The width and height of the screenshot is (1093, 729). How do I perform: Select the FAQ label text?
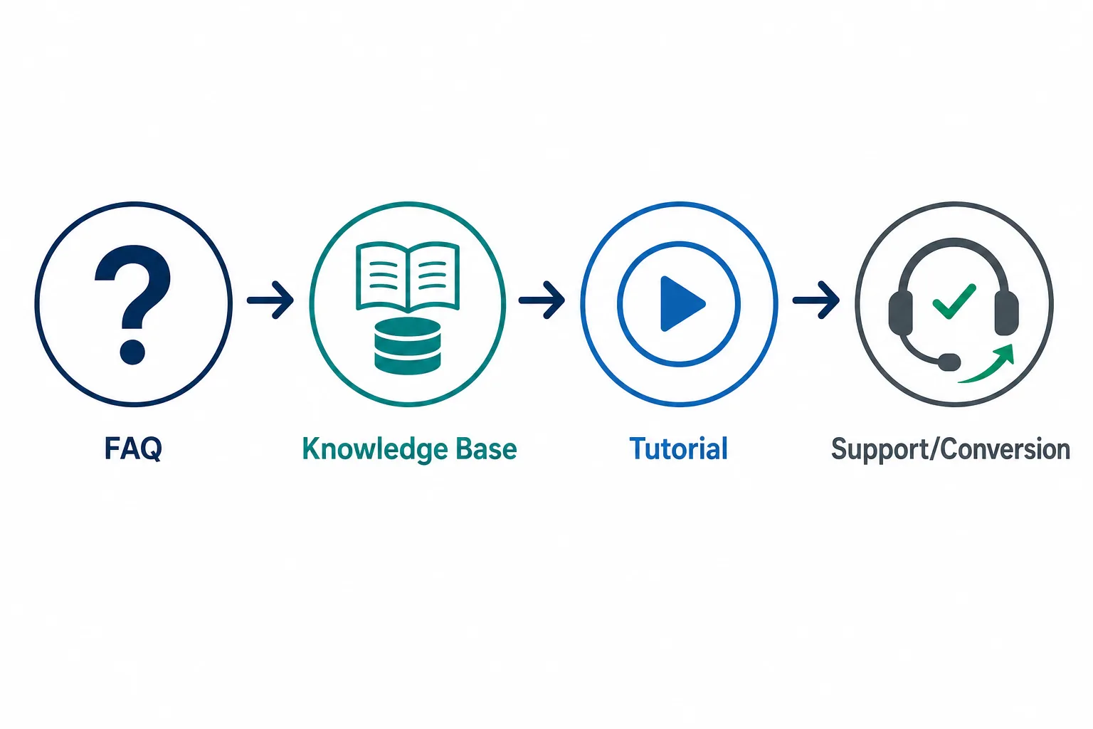pyautogui.click(x=133, y=449)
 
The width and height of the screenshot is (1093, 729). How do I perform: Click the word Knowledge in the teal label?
pyautogui.click(x=375, y=449)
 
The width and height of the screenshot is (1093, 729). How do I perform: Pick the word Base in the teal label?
pyautogui.click(x=486, y=449)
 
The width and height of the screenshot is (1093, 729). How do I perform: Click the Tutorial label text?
pyautogui.click(x=678, y=449)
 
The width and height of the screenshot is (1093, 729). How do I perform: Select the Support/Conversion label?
pyautogui.click(x=951, y=449)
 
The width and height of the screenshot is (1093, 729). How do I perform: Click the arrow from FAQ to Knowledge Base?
pyautogui.click(x=270, y=300)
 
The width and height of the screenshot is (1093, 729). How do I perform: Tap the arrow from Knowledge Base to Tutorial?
pyautogui.click(x=542, y=300)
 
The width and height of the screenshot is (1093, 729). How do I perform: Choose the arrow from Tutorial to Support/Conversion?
pyautogui.click(x=816, y=300)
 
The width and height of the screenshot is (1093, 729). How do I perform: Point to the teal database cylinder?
pyautogui.click(x=408, y=346)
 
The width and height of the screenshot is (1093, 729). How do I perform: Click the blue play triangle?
pyautogui.click(x=681, y=304)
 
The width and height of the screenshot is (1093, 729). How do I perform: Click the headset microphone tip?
pyautogui.click(x=949, y=362)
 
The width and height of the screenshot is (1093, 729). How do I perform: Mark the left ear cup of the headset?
pyautogui.click(x=901, y=313)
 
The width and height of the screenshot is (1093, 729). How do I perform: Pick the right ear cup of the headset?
pyautogui.click(x=1006, y=313)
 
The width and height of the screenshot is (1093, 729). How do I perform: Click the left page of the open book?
pyautogui.click(x=382, y=276)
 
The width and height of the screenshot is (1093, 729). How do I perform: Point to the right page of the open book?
pyautogui.click(x=434, y=276)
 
